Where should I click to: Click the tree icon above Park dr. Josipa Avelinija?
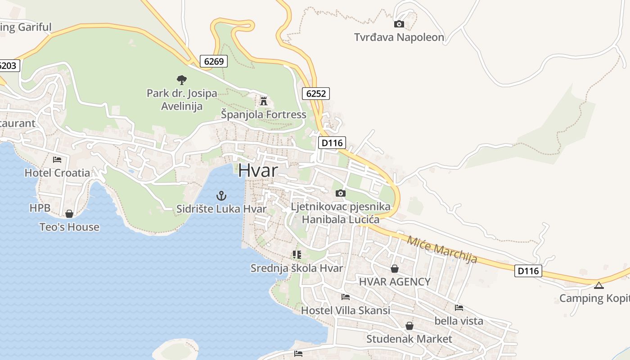(182, 80)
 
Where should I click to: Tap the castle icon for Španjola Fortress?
(264, 100)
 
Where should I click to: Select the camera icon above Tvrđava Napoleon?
(399, 24)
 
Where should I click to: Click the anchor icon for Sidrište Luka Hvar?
(221, 195)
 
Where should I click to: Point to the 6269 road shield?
(214, 61)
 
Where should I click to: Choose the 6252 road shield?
(316, 94)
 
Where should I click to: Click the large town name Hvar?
(258, 170)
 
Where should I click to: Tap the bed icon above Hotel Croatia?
(57, 159)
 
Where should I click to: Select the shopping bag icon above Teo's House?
(69, 213)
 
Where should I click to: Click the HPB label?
(40, 208)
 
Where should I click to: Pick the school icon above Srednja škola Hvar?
(297, 255)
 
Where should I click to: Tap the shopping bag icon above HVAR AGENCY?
(395, 269)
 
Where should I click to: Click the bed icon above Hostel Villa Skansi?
(346, 297)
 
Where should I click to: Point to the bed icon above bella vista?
(459, 308)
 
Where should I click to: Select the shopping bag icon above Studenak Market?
(409, 325)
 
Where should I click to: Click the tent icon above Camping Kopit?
(598, 285)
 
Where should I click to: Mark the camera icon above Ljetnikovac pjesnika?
(341, 193)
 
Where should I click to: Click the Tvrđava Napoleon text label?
(399, 37)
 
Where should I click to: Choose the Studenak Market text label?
(409, 338)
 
